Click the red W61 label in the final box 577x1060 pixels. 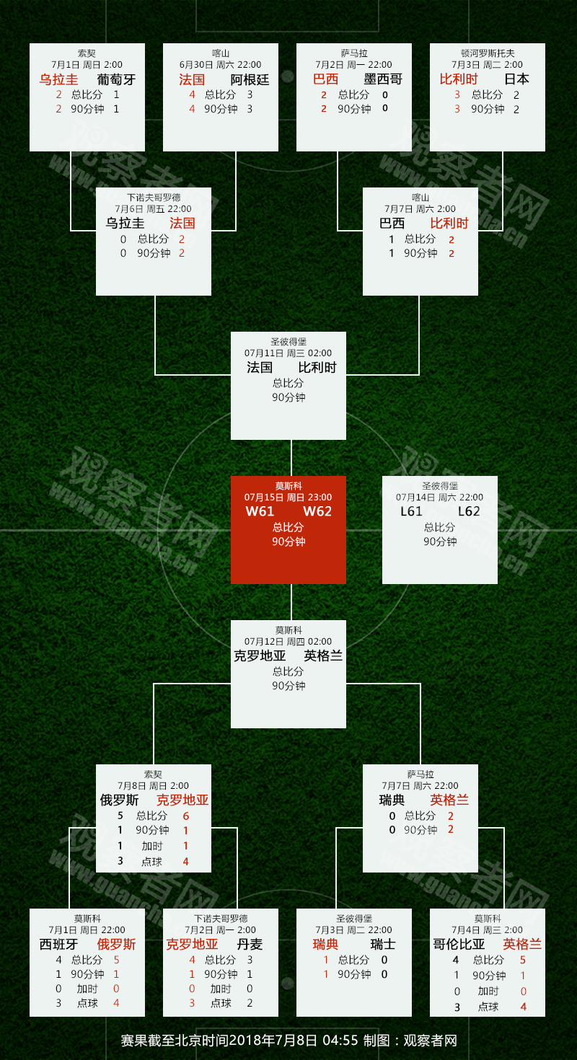tap(260, 511)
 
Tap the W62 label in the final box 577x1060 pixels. tap(317, 511)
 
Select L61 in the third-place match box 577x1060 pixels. tap(411, 511)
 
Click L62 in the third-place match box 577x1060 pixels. tap(469, 511)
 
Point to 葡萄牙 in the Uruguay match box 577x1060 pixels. tap(116, 79)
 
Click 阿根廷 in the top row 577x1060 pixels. tap(250, 79)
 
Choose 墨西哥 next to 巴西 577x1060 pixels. tap(383, 79)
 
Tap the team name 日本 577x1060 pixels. tap(516, 79)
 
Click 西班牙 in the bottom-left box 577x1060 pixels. tap(58, 944)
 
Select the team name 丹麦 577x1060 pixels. tap(250, 944)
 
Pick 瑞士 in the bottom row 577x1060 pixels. tap(383, 944)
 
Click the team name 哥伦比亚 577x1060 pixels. tap(459, 944)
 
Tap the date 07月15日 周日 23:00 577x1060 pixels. tap(288, 497)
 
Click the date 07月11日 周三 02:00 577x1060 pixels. tap(288, 353)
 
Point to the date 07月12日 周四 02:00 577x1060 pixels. tap(288, 641)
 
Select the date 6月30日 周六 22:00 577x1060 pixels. tap(220, 64)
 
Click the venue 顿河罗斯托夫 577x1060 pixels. tap(488, 53)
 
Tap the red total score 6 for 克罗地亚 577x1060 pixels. tap(186, 816)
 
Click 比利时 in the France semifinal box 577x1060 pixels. tap(317, 367)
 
